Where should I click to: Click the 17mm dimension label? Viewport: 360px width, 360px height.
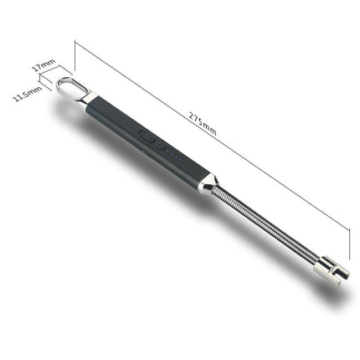[44, 64]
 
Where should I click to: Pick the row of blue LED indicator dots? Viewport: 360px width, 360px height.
[176, 154]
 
